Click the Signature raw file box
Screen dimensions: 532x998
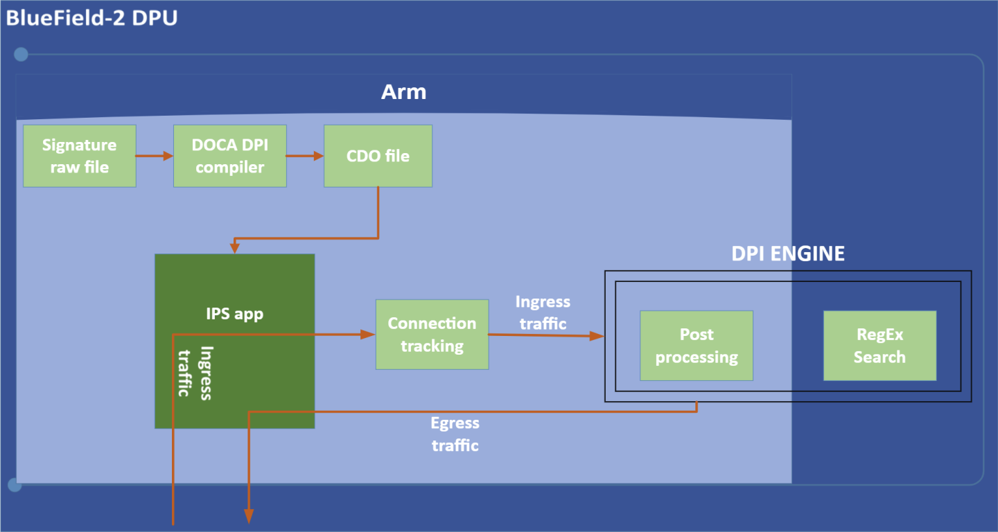[80, 156]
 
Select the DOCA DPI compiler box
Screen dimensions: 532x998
[229, 156]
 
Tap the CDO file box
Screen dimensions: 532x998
[378, 156]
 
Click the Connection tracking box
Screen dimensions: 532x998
[432, 335]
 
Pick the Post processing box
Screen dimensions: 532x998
[697, 346]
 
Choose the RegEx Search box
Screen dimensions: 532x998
[879, 346]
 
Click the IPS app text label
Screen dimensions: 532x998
[234, 314]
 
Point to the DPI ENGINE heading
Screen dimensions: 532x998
[788, 254]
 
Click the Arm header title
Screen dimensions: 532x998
[403, 92]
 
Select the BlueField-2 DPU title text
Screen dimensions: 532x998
[91, 18]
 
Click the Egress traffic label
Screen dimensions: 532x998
[455, 434]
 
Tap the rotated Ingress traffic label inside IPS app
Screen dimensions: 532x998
[195, 371]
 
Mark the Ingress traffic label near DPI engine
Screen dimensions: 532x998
[543, 312]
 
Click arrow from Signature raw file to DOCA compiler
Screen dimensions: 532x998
[154, 156]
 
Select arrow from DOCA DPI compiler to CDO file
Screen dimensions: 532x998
[305, 156]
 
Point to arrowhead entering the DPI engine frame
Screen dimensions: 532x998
[597, 336]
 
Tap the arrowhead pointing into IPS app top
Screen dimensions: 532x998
[236, 248]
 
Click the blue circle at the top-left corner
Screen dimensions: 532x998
[21, 54]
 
